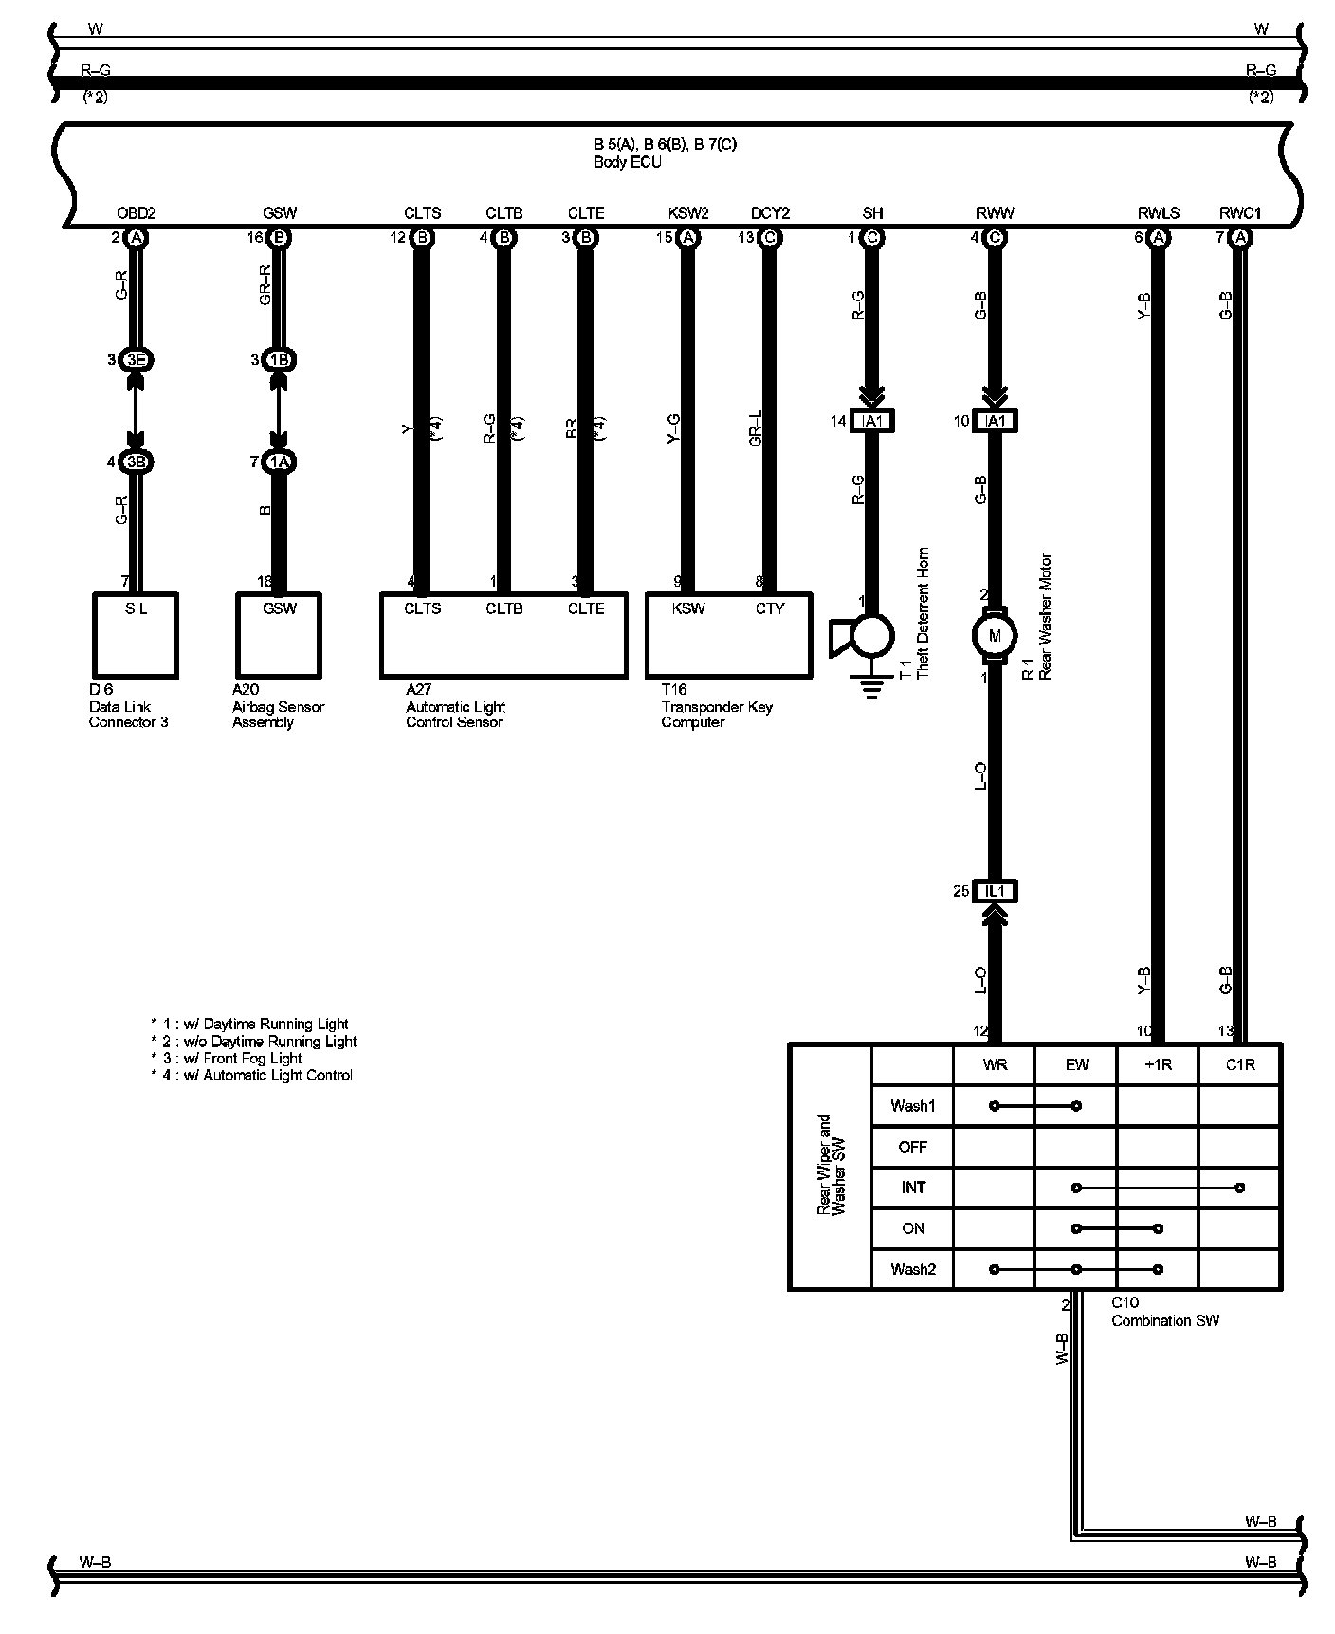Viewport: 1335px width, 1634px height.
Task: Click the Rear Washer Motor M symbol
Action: click(x=995, y=635)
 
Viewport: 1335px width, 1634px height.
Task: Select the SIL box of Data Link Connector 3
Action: click(x=136, y=634)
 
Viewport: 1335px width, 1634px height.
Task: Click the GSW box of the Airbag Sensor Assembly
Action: click(x=279, y=634)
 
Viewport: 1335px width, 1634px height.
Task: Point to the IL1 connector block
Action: click(x=995, y=891)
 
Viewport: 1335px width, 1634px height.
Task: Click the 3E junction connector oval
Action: click(x=136, y=360)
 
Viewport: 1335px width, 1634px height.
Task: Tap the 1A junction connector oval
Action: click(x=279, y=463)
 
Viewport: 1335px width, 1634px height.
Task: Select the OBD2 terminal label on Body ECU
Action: click(x=136, y=213)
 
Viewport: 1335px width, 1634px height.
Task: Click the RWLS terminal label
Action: click(x=1158, y=213)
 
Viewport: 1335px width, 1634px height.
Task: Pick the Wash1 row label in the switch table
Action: click(x=912, y=1106)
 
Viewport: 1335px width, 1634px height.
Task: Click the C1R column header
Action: click(x=1239, y=1064)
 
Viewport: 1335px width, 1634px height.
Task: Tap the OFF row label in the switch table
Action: click(x=912, y=1147)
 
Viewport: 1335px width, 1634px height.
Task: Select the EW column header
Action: click(x=1076, y=1064)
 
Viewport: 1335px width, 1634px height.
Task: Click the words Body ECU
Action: click(x=628, y=162)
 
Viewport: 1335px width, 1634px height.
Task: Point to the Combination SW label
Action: click(x=1165, y=1320)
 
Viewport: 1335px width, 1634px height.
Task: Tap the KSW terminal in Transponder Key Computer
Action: click(x=688, y=608)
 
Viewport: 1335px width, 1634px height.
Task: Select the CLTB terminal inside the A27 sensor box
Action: click(x=503, y=608)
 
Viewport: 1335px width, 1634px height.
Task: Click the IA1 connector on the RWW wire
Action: click(x=995, y=421)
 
